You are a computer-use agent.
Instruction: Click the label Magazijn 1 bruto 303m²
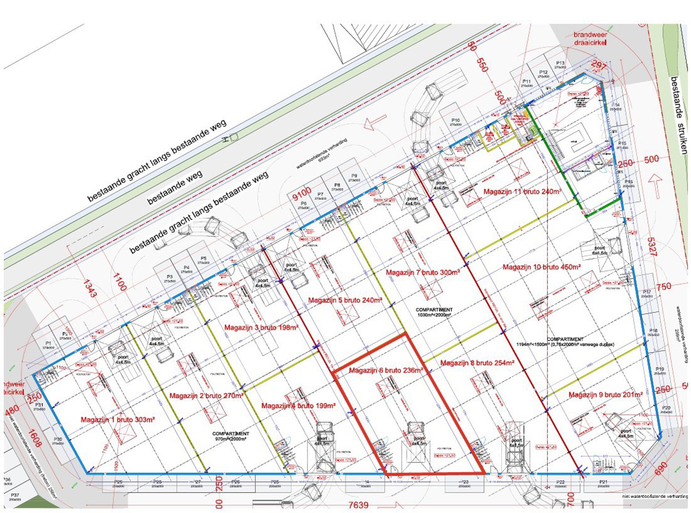click(x=117, y=419)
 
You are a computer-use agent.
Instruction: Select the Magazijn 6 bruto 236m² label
click(x=386, y=370)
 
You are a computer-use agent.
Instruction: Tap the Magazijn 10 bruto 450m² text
click(x=542, y=267)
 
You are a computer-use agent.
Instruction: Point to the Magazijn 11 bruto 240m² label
click(x=522, y=191)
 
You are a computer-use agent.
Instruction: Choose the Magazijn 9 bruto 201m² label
click(x=605, y=395)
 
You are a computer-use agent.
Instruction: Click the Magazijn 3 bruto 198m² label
click(x=261, y=328)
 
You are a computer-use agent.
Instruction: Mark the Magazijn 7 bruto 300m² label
click(x=422, y=272)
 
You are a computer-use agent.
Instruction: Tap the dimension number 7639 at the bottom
click(x=358, y=505)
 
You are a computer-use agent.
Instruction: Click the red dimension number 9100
click(x=302, y=193)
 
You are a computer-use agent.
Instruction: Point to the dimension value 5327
click(x=651, y=246)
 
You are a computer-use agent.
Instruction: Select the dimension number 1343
click(x=89, y=288)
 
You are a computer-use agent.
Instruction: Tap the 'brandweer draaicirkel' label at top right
click(x=590, y=39)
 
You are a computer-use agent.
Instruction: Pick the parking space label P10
click(x=455, y=120)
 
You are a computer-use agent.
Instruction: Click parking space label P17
click(x=647, y=292)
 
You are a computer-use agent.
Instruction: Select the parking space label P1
click(x=48, y=344)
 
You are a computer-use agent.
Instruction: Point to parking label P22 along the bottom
click(x=560, y=482)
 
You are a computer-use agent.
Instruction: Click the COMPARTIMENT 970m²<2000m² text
click(x=230, y=436)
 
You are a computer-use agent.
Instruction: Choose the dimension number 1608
click(x=35, y=438)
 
